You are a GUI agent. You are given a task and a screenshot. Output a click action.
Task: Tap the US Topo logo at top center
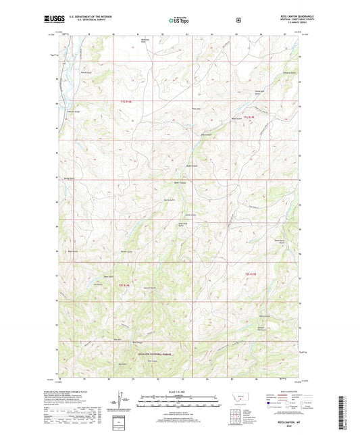(178, 20)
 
